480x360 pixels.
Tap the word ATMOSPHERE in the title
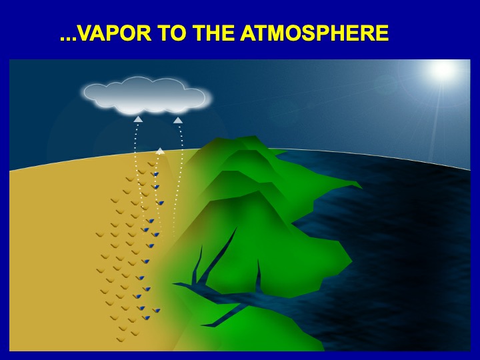(x=315, y=33)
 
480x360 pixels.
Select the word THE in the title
(x=213, y=33)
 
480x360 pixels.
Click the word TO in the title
(x=172, y=33)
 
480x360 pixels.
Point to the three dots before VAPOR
(x=67, y=39)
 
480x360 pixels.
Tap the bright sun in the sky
(x=442, y=69)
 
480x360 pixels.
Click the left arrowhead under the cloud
(x=138, y=119)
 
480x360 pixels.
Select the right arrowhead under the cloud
(x=178, y=120)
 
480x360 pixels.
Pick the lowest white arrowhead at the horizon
(x=160, y=151)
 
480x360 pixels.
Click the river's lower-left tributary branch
(x=225, y=315)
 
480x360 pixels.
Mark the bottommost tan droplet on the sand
(x=121, y=340)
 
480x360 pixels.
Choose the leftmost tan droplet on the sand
(x=100, y=235)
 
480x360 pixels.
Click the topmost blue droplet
(x=156, y=174)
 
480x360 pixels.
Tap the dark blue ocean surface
(x=398, y=245)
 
